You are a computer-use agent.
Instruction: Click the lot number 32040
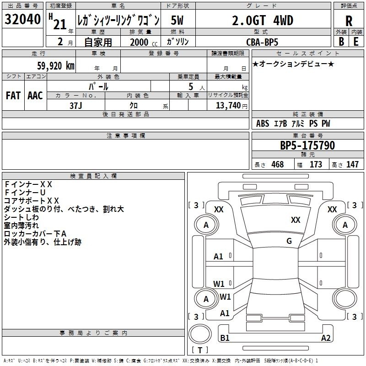[22, 19]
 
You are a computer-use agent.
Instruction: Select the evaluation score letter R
[349, 21]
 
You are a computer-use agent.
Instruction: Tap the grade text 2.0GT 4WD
[263, 21]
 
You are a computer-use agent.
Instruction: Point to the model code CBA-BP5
[262, 42]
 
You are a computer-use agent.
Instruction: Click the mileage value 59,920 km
[56, 66]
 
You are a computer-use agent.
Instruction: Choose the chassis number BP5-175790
[307, 145]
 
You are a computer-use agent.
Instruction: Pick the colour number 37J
[76, 106]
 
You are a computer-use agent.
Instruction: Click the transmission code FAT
[13, 96]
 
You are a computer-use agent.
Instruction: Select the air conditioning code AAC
[35, 96]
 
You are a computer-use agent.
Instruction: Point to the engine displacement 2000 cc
[144, 42]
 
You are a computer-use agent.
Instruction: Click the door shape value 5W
[177, 20]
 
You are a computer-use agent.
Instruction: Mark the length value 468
[278, 164]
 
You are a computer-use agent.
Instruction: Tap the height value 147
[352, 164]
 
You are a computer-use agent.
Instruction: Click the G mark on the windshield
[289, 241]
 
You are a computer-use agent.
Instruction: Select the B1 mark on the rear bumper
[225, 338]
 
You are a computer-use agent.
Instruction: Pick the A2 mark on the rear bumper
[326, 338]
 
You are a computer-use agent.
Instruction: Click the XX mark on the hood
[296, 220]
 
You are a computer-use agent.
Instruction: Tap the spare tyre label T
[200, 350]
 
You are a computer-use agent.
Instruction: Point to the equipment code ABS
[263, 124]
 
